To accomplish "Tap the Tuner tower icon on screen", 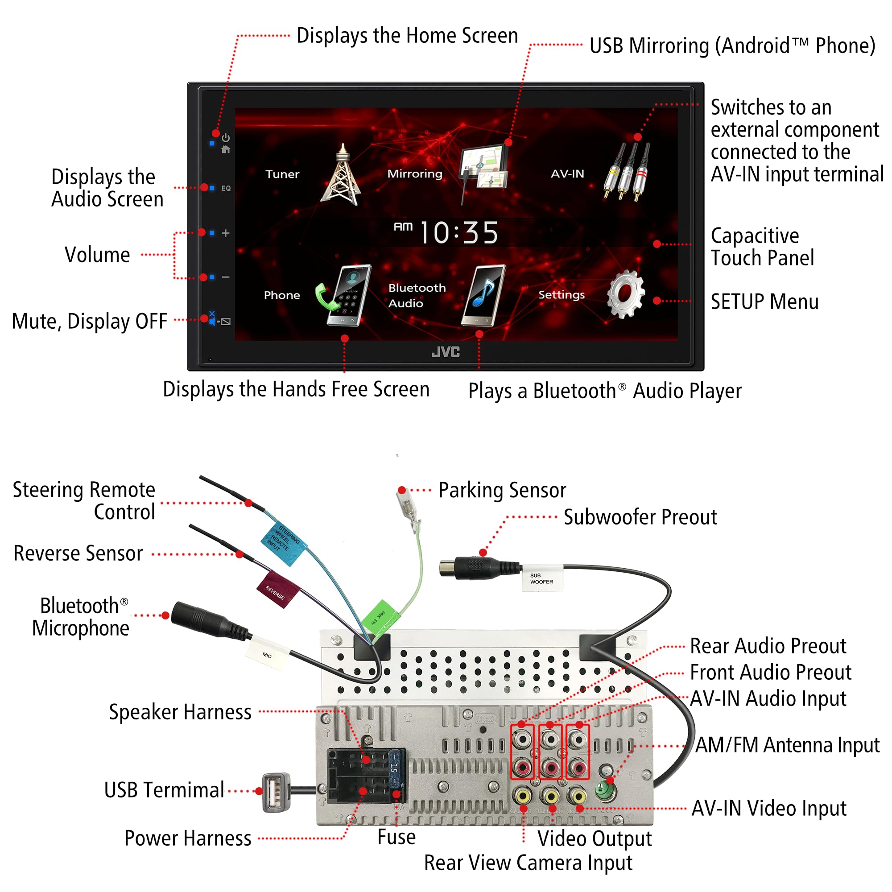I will (341, 175).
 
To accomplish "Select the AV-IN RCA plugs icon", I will (627, 171).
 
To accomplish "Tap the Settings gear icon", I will (625, 294).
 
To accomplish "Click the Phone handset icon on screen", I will (344, 296).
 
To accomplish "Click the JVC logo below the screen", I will (446, 352).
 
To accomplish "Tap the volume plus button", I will (225, 233).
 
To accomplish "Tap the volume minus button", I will (225, 277).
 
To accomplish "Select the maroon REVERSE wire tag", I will (277, 590).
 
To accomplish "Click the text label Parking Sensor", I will (502, 490).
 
